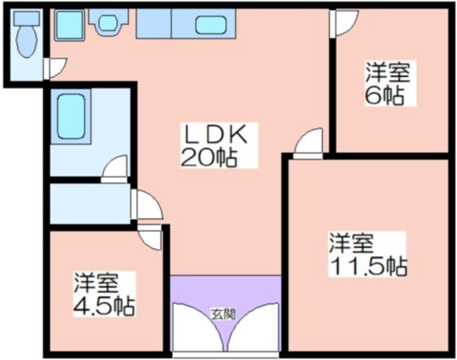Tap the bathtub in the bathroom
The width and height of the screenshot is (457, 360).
point(71,116)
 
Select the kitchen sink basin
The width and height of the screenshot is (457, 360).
point(211,25)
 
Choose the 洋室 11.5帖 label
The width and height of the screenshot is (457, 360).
point(367,254)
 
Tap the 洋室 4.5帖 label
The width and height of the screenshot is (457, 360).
point(104,294)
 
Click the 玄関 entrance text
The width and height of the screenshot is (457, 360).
point(223,314)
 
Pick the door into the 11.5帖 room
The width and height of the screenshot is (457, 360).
point(308,143)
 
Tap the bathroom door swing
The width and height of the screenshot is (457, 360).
point(114,168)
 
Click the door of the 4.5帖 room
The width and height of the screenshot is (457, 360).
point(149,237)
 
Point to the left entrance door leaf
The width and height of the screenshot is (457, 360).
point(199,327)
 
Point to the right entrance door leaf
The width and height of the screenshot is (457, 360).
point(253,327)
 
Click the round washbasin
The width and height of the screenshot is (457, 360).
point(108,23)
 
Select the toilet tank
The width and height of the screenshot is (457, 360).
point(26,18)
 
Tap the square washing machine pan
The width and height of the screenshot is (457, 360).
point(69,25)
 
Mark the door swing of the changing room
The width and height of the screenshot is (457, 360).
point(146,204)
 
